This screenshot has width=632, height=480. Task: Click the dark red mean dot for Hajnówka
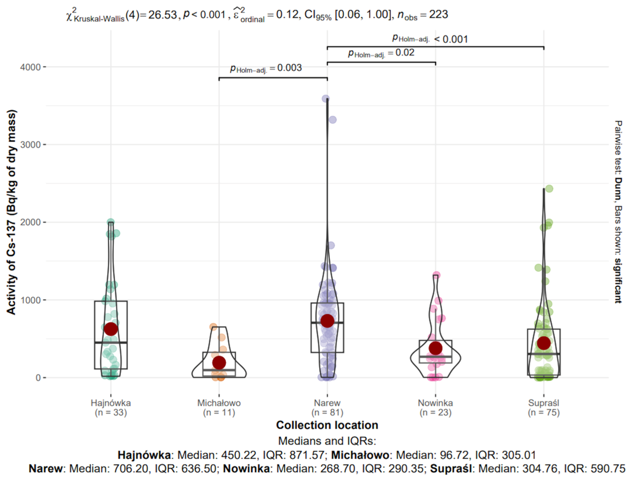pos(111,329)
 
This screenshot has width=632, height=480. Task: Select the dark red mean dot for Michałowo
pos(219,363)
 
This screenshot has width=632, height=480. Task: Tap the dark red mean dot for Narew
pos(327,321)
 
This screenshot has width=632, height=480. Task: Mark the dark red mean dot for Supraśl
pos(544,343)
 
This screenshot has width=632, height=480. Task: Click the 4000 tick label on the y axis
pos(30,67)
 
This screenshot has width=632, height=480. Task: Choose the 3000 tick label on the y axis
pos(30,145)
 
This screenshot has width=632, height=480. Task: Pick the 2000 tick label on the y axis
pos(30,222)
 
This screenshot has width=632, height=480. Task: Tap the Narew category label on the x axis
pos(327,403)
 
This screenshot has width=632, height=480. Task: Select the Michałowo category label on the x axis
pos(219,403)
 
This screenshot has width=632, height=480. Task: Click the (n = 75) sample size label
pos(544,412)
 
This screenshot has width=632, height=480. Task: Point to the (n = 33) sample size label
pos(111,412)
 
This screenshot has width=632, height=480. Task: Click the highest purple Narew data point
pos(326,99)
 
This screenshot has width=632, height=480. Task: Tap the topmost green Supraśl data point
pos(549,189)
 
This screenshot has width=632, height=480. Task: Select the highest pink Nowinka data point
pos(436,275)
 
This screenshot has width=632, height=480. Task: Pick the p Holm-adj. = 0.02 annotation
pos(381,53)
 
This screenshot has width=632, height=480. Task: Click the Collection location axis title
pos(327,425)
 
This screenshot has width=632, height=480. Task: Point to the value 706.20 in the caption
pos(131,469)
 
